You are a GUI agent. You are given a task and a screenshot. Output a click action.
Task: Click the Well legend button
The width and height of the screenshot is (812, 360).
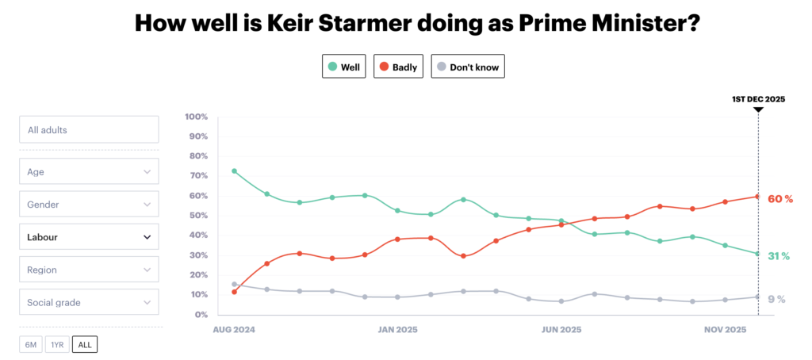[343, 67]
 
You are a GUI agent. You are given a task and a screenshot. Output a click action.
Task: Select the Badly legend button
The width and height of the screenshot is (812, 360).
[399, 67]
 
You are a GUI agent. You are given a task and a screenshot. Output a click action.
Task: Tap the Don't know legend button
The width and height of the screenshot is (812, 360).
[468, 67]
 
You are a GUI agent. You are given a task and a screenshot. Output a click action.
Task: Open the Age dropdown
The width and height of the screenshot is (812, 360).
[89, 171]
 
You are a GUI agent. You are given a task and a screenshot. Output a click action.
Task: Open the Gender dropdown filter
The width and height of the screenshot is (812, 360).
[89, 204]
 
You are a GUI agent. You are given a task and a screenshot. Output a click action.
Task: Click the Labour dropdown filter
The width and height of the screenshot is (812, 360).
[89, 236]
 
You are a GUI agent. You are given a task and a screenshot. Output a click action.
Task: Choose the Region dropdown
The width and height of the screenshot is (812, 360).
[89, 270]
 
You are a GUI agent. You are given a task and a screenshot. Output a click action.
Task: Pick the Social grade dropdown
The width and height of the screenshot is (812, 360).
[89, 302]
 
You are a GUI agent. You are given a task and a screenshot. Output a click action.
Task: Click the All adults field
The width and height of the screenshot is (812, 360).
[89, 129]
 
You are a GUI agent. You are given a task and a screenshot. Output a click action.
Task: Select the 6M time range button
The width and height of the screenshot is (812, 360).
[30, 344]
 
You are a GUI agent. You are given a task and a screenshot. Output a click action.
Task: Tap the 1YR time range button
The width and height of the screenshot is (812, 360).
[56, 344]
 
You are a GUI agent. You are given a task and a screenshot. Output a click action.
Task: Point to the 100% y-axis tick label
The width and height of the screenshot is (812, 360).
[196, 117]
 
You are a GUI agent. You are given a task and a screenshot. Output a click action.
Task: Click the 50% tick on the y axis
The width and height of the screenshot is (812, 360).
[197, 216]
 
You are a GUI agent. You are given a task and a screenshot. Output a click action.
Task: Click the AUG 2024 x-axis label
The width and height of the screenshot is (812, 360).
[233, 329]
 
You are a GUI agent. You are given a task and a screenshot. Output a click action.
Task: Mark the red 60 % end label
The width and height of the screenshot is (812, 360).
[780, 199]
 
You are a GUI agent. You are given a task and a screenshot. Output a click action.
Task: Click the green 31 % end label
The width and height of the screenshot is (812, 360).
[779, 256]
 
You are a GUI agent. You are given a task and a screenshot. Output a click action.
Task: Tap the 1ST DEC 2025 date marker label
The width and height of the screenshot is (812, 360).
[758, 99]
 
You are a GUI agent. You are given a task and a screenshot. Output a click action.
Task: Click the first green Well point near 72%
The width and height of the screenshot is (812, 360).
[234, 171]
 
